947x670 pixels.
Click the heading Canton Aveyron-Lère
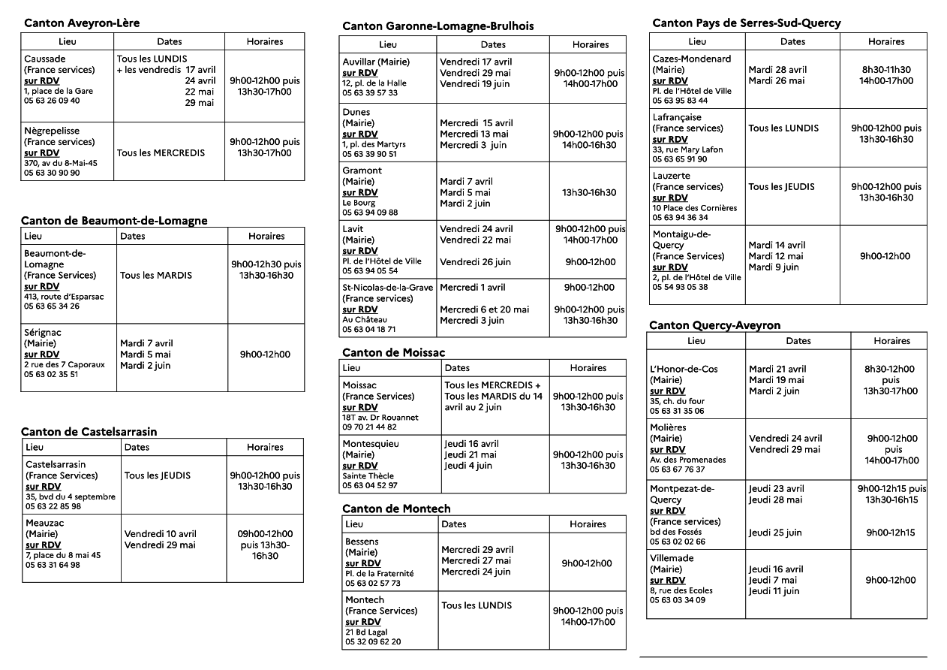82,23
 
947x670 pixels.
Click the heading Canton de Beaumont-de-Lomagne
114,220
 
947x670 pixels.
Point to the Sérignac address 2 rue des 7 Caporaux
65,365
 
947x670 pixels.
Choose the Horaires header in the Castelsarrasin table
265,447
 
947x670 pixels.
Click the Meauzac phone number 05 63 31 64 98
53,565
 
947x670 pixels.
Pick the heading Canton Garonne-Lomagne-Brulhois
438,26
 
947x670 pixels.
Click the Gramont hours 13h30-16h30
589,192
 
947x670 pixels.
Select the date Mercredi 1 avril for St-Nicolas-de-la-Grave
472,287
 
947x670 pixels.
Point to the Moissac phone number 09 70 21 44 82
369,427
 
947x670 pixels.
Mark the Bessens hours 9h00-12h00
587,563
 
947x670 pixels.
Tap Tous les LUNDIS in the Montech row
477,605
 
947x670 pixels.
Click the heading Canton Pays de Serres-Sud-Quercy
747,23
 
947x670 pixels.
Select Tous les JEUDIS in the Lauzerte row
781,187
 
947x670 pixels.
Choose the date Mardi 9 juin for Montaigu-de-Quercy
773,267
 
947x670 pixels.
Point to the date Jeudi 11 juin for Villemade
774,591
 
